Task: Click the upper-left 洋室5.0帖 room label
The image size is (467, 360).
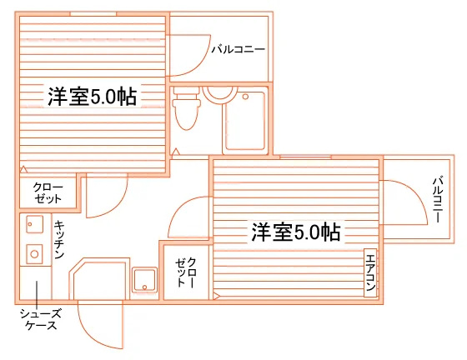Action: [92, 97]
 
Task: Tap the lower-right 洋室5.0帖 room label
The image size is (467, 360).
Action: [296, 232]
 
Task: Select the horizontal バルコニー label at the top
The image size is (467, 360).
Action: [238, 49]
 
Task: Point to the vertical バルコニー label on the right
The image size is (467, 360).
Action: [438, 199]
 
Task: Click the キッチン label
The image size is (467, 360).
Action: [59, 239]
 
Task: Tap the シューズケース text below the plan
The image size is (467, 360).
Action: [41, 319]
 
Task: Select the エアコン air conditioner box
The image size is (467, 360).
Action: [370, 272]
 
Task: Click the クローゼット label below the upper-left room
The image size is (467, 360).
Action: [48, 192]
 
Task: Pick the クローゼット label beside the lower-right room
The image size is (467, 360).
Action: [186, 272]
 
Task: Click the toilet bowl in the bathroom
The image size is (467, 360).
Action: [187, 108]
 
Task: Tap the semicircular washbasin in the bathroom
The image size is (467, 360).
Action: [220, 92]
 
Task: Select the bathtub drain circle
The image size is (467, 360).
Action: [245, 97]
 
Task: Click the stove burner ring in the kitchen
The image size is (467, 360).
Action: [34, 254]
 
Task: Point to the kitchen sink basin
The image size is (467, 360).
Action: [34, 224]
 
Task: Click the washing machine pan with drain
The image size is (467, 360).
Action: [145, 280]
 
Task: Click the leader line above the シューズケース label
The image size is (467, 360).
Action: [37, 294]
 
